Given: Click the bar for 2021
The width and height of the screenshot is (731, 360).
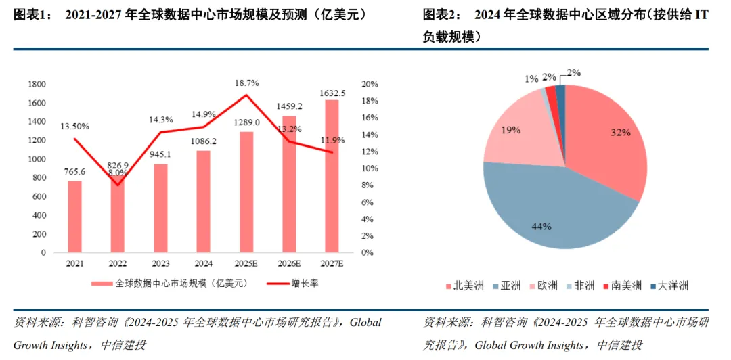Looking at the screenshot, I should pyautogui.click(x=74, y=217).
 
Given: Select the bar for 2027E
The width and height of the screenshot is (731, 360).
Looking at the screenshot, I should pyautogui.click(x=331, y=176).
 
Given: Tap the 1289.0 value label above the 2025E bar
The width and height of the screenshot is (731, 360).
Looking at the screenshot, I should pyautogui.click(x=246, y=122).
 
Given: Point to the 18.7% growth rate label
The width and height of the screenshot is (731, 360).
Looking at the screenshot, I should pyautogui.click(x=246, y=82).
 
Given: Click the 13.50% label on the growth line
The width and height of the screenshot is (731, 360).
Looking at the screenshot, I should pyautogui.click(x=74, y=127).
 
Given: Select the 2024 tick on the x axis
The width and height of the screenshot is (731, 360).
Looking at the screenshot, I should pyautogui.click(x=203, y=264).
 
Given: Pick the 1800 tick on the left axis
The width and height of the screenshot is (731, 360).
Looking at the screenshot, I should pyautogui.click(x=37, y=84).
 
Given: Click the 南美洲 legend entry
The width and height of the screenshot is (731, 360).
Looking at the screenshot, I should pyautogui.click(x=623, y=286).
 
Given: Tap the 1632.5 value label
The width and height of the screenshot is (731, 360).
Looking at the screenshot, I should pyautogui.click(x=332, y=93).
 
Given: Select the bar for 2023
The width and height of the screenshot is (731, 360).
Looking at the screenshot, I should pyautogui.click(x=160, y=208).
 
